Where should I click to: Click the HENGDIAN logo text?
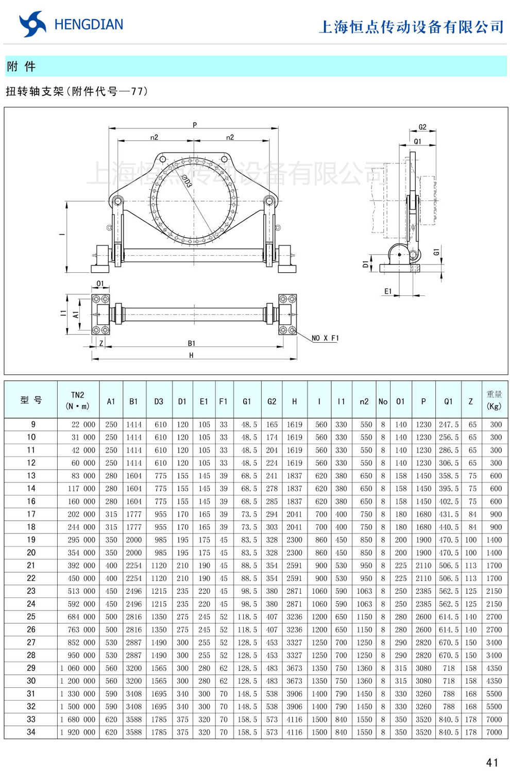88,25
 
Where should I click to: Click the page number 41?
492,762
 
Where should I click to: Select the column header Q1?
448,401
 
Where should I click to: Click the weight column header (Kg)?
494,400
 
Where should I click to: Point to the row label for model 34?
31,732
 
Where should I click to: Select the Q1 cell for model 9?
448,424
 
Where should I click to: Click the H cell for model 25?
294,617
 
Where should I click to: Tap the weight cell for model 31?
494,694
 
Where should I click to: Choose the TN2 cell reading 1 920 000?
78,732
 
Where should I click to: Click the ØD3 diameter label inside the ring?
186,181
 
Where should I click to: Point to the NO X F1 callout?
325,338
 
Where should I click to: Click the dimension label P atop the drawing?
195,125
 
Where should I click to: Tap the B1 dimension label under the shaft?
191,343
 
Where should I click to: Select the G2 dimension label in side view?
422,127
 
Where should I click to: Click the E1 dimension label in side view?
388,291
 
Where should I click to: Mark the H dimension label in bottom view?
191,355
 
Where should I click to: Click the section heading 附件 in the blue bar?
21,67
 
